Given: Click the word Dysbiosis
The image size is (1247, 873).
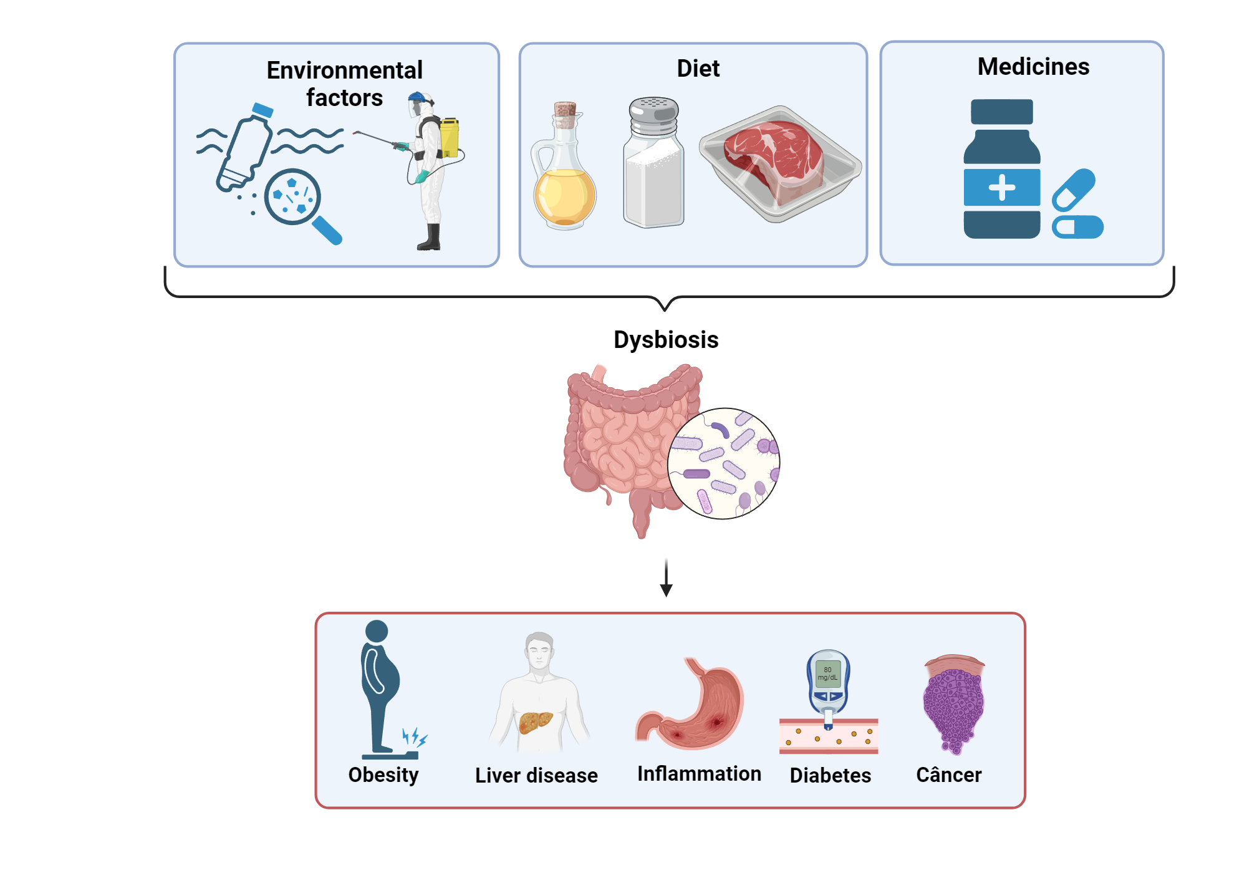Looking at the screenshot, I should point(666,340).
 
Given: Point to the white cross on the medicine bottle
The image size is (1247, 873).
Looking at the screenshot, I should point(1001,188).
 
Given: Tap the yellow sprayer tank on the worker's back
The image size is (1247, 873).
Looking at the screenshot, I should point(449,137).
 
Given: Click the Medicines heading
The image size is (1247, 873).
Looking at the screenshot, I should point(1033,67).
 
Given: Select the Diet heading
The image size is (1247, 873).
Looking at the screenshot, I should point(698,69).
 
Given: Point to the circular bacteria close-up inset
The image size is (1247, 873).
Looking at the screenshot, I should point(723,463).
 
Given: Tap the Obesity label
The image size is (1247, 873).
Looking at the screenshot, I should point(383,775).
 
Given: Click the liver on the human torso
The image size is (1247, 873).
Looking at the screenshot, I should point(535,722).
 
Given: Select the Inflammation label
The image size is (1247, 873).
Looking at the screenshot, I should point(698,774).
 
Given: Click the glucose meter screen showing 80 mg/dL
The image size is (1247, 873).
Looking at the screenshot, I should point(828,674).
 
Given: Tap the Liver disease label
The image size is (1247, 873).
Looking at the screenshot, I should point(536,775).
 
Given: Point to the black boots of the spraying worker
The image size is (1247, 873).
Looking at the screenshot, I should point(430,238).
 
